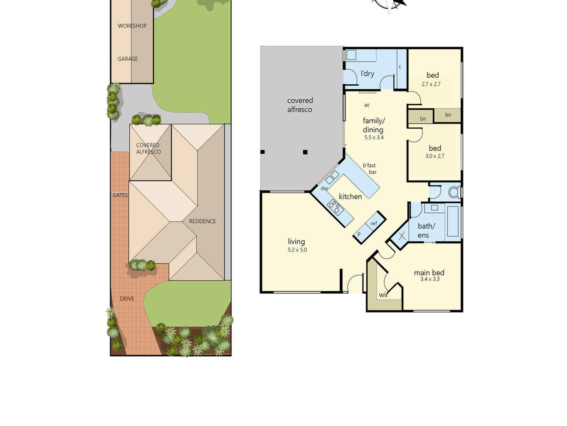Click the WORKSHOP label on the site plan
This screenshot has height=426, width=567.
click(x=132, y=26)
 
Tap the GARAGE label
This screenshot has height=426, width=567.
click(x=128, y=59)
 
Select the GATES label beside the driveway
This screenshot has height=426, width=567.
click(x=120, y=195)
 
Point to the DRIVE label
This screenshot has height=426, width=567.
click(x=127, y=299)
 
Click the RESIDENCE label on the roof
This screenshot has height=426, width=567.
click(x=202, y=221)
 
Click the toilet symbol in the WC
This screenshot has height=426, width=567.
click(x=455, y=192)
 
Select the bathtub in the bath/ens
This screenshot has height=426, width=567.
click(x=453, y=221)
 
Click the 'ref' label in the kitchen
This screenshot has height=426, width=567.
click(x=374, y=224)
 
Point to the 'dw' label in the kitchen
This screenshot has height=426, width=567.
click(x=324, y=188)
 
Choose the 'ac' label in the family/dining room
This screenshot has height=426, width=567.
click(x=367, y=105)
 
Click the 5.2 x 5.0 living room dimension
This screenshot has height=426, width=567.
click(x=297, y=250)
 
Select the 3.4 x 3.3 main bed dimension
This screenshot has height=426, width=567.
click(x=430, y=279)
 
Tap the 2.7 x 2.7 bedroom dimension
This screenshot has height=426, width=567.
click(x=431, y=84)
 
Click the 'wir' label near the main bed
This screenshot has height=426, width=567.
click(x=383, y=295)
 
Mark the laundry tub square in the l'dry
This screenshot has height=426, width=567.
click(x=351, y=55)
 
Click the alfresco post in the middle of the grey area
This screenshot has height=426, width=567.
click(x=305, y=152)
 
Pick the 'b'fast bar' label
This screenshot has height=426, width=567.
click(x=370, y=169)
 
